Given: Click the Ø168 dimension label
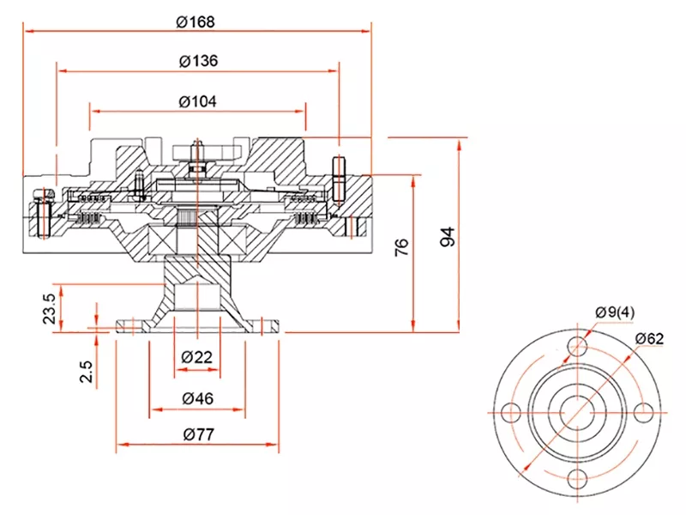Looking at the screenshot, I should [x=196, y=21].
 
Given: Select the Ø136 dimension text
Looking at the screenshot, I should [x=198, y=61].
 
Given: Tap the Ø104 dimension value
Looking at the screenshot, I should [x=197, y=100].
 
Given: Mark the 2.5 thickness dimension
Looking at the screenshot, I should [x=86, y=372].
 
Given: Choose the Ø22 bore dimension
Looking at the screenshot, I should [x=197, y=358].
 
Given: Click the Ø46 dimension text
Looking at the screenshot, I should [x=197, y=397].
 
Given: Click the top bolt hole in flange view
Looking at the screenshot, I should [x=578, y=346].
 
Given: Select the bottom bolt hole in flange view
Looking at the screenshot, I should [x=578, y=477].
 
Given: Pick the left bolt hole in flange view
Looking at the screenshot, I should [x=512, y=411].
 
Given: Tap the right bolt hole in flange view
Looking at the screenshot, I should [x=644, y=411].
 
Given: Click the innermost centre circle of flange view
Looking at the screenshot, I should [x=578, y=411].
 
